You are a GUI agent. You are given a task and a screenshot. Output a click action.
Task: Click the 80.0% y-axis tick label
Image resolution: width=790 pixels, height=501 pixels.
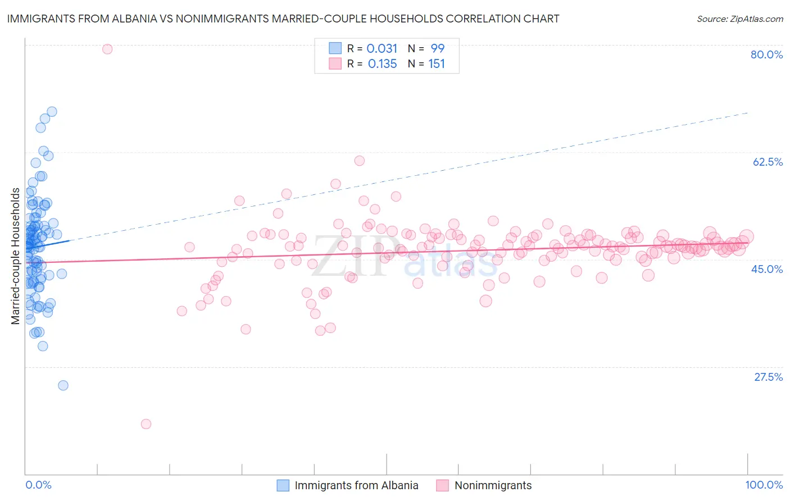[x=766, y=54]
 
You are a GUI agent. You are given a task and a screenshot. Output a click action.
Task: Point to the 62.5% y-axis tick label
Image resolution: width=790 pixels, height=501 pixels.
[x=768, y=162]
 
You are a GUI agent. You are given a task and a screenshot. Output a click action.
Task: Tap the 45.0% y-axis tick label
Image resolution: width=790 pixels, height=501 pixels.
[x=767, y=269]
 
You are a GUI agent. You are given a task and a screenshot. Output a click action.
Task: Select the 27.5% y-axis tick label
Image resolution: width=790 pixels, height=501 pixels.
[x=768, y=377]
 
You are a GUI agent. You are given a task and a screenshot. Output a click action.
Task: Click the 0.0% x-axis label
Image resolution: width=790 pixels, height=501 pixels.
[x=38, y=485]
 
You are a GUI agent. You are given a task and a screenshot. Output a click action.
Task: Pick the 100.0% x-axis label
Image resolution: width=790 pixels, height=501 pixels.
[x=764, y=485]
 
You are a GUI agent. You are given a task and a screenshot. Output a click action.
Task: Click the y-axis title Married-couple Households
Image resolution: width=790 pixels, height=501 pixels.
[x=16, y=256]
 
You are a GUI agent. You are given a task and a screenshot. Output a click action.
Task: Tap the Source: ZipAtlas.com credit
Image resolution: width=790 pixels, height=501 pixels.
[x=739, y=19]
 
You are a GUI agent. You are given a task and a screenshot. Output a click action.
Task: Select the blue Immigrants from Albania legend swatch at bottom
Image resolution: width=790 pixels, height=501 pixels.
[x=283, y=485]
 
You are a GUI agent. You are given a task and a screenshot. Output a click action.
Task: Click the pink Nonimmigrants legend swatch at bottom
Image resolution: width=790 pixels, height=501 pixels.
[x=443, y=485]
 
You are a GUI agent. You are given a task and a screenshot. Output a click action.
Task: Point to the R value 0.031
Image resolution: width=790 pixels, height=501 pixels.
[x=382, y=49]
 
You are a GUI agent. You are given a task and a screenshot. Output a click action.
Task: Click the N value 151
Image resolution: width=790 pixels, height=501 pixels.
[x=437, y=64]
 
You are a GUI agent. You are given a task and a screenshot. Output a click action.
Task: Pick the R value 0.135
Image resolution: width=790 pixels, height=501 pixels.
[x=382, y=64]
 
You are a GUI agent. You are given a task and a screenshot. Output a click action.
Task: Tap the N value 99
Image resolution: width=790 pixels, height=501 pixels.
[x=437, y=49]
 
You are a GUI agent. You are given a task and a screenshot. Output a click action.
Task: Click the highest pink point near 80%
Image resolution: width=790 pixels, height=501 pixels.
[x=107, y=49]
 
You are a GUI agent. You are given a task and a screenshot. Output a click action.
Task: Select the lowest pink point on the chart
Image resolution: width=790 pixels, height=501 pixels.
[x=146, y=424]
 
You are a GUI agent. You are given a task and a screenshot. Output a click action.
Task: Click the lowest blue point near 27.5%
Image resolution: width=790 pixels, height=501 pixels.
[x=63, y=385]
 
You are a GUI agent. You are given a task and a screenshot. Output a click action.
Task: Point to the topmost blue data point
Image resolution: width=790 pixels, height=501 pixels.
[x=52, y=112]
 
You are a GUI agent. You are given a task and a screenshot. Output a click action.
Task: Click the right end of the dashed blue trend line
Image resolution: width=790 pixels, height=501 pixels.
[x=747, y=113]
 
